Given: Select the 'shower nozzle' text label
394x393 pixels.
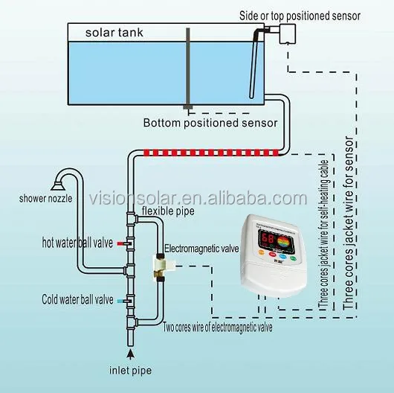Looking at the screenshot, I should pyautogui.click(x=45, y=199).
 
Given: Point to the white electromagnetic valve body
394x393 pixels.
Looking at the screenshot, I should pyautogui.click(x=160, y=262).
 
